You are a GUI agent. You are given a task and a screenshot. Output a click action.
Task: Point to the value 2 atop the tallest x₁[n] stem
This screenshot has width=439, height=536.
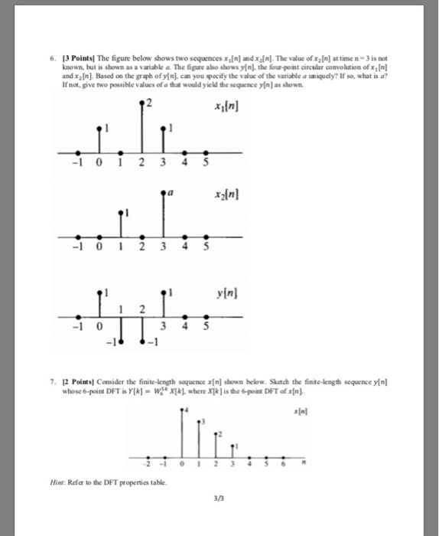click(x=151, y=103)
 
